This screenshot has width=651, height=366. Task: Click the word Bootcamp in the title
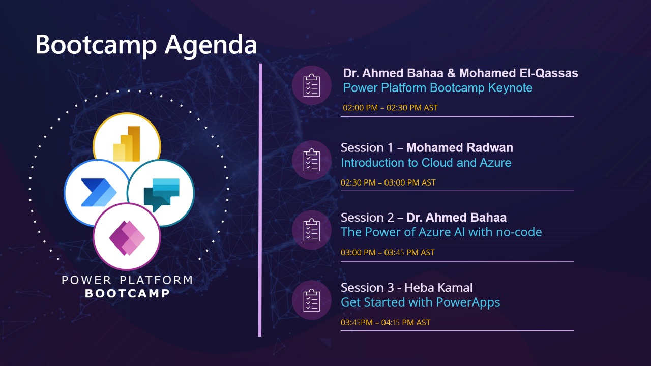pos(96,44)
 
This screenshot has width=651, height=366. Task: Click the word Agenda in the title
pos(211,46)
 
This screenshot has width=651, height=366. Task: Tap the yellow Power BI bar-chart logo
pos(127,143)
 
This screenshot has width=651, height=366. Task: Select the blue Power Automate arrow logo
pos(99,193)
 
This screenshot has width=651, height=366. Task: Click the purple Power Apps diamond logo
pos(127,238)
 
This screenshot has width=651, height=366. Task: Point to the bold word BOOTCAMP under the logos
pos(127,293)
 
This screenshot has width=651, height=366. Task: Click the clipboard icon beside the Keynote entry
pos(312,85)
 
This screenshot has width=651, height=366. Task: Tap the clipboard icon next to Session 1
pos(312,160)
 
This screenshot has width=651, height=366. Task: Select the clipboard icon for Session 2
pos(312,230)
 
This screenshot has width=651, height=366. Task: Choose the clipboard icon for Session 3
pos(312,300)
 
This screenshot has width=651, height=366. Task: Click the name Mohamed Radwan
pos(459,147)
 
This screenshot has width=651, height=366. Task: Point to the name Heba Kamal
pos(438,288)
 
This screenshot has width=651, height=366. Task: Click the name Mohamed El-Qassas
pos(518,73)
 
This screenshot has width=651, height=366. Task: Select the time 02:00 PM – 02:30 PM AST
pos(390,108)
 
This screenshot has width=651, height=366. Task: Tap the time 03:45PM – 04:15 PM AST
pos(386,322)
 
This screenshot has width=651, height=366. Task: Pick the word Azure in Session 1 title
pos(495,163)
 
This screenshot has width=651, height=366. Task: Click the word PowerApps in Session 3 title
pos(468,302)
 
